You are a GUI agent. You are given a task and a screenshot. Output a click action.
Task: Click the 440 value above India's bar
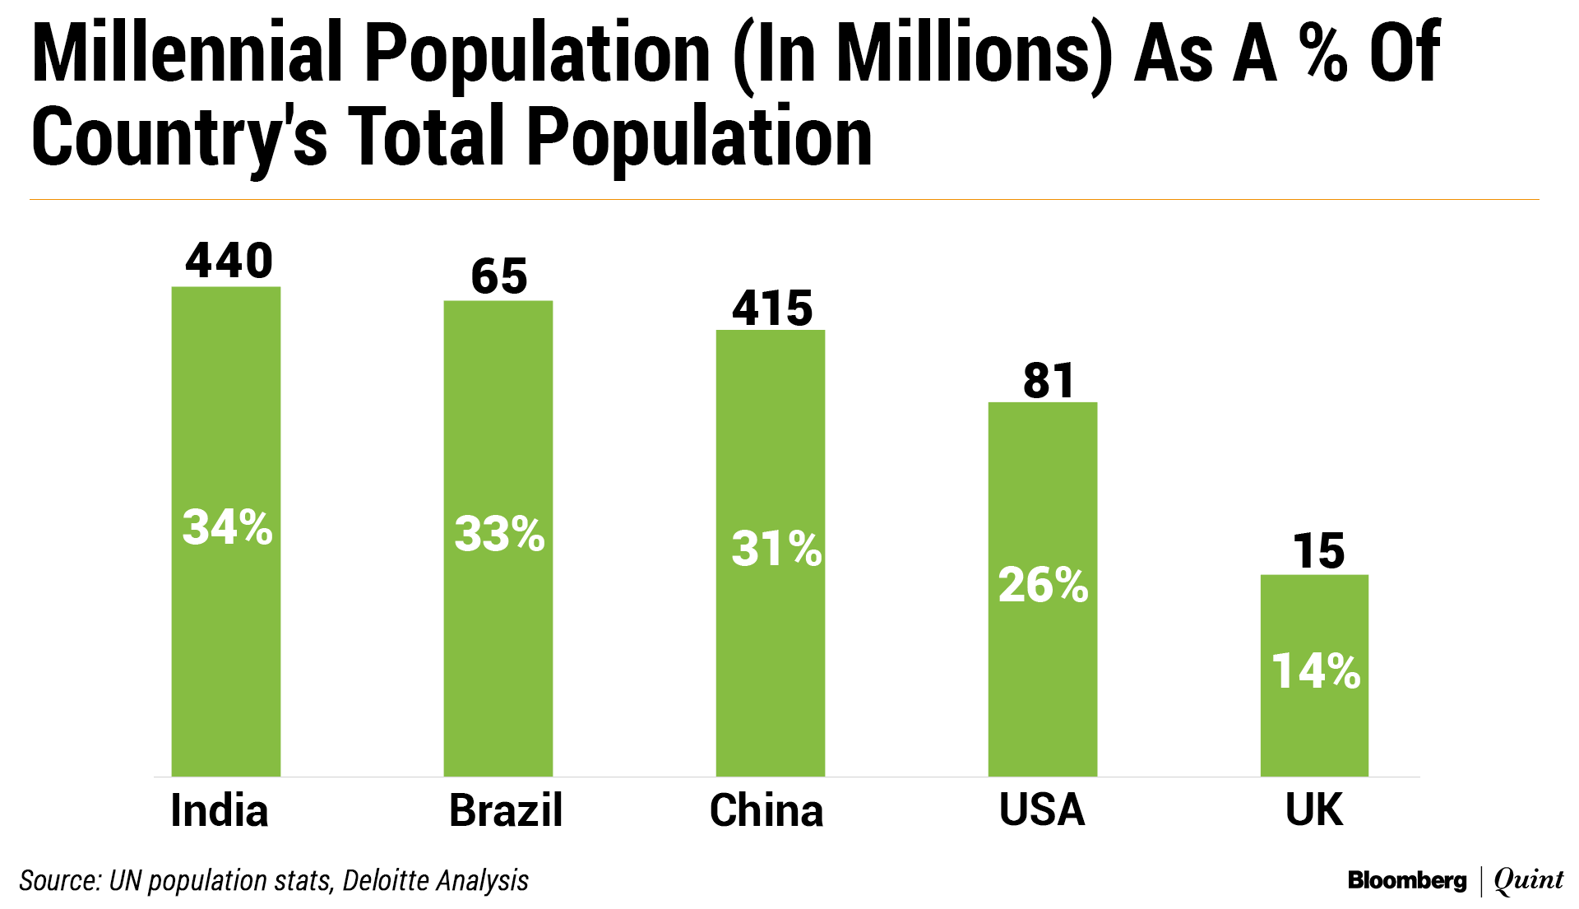(x=229, y=261)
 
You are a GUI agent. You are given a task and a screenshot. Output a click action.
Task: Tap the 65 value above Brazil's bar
(x=499, y=276)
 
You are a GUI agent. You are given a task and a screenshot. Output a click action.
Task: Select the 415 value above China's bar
(x=772, y=308)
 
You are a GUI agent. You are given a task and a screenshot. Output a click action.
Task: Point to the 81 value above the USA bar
(x=1049, y=381)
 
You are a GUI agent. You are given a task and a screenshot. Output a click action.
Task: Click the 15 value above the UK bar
(x=1318, y=551)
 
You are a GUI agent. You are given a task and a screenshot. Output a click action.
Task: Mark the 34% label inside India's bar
(x=227, y=527)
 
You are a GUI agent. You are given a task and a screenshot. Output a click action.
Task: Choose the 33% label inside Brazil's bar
(x=499, y=534)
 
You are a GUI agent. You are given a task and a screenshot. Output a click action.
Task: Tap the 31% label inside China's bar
(x=776, y=549)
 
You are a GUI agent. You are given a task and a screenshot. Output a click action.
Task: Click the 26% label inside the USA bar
(x=1043, y=585)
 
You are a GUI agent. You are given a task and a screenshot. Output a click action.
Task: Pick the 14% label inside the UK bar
(x=1316, y=670)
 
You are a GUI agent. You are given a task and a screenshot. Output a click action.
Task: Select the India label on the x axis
(x=220, y=810)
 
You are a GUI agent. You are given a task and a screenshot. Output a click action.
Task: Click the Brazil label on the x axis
(x=506, y=810)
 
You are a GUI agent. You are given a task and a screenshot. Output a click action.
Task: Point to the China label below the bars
(x=766, y=810)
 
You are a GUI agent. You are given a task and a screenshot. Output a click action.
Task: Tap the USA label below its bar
(x=1042, y=810)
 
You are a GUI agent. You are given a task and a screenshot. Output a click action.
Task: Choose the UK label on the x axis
(x=1314, y=810)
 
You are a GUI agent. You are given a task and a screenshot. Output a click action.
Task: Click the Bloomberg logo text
(x=1407, y=881)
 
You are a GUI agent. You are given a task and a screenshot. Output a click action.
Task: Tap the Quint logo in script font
(x=1529, y=880)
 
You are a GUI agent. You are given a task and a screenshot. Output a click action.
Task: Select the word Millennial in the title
(x=187, y=53)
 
